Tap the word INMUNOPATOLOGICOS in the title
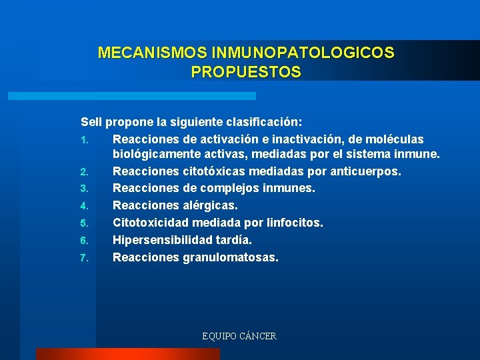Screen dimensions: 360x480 click(302, 53)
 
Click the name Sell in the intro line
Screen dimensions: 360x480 click(91, 123)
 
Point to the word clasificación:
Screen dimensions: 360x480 click(262, 123)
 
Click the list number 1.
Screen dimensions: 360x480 click(85, 140)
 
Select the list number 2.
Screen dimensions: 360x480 click(85, 173)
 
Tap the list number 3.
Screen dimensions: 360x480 click(85, 189)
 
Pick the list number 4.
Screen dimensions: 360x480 click(85, 206)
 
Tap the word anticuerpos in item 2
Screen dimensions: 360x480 click(364, 172)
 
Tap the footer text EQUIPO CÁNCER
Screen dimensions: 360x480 click(239, 336)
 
